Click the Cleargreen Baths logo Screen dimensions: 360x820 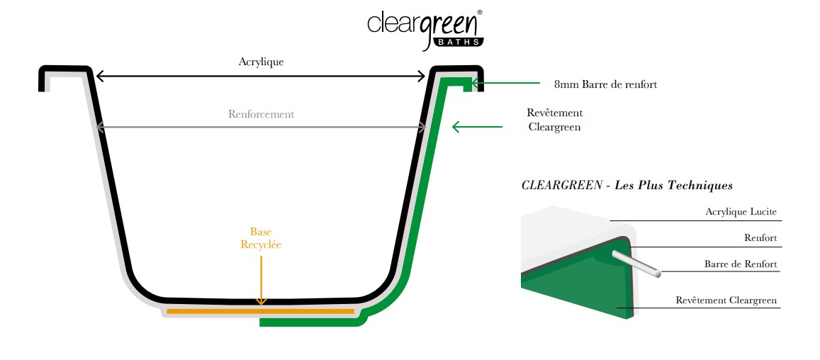click(x=425, y=28)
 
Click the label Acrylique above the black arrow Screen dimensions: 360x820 click(x=261, y=62)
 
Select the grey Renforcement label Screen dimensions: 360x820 click(x=261, y=114)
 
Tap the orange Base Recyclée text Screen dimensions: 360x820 click(x=261, y=238)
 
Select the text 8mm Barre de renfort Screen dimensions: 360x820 click(x=605, y=84)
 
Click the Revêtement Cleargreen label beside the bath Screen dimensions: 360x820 click(x=554, y=120)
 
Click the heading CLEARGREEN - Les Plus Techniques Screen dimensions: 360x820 click(x=627, y=186)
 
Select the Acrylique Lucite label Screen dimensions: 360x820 click(x=741, y=211)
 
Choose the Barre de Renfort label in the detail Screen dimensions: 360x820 click(x=740, y=264)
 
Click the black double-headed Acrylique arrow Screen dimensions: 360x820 click(x=261, y=75)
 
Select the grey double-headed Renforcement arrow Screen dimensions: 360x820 click(x=261, y=128)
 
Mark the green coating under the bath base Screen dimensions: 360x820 click(x=312, y=322)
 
